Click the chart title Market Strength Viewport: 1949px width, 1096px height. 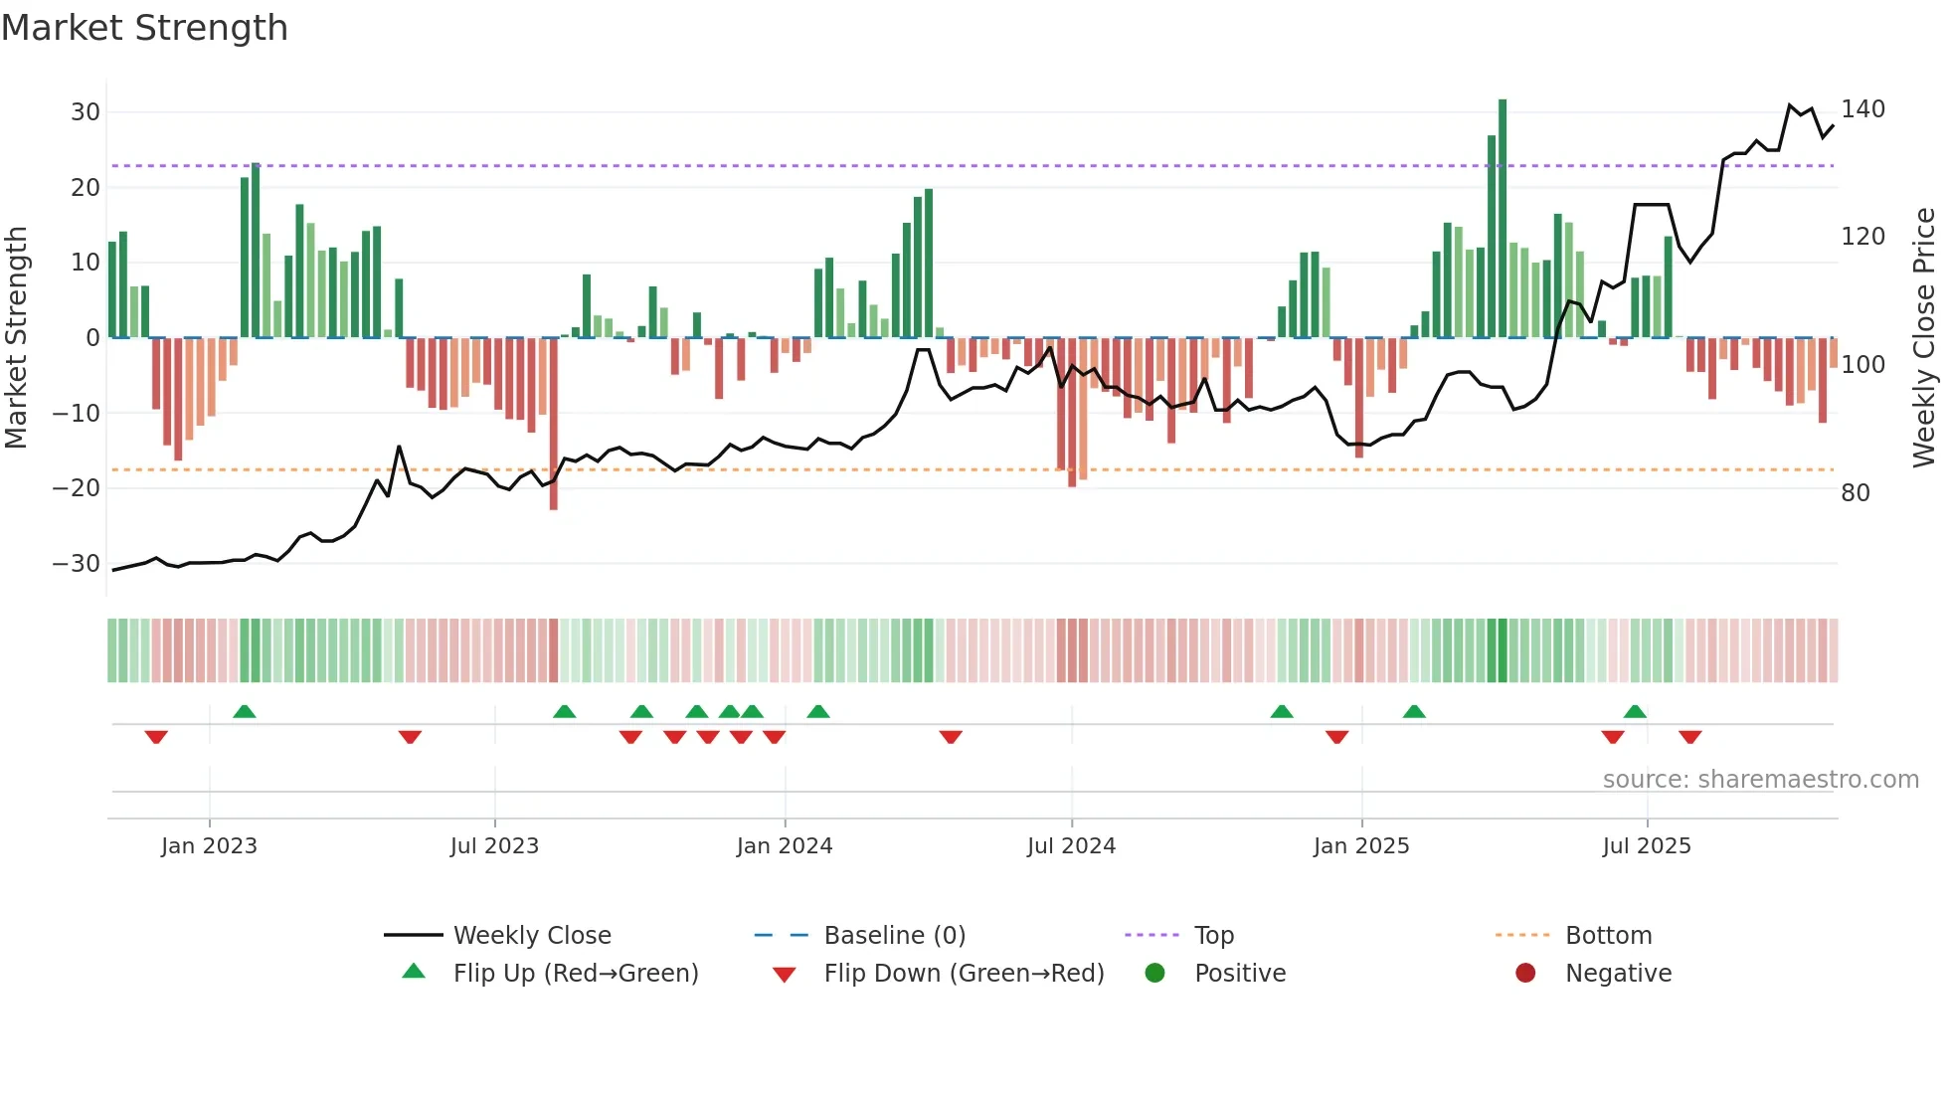pos(144,28)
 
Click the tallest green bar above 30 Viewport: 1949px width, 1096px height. pos(1503,219)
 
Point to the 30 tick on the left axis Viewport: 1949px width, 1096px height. pos(86,112)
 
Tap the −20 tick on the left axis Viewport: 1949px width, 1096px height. pos(77,488)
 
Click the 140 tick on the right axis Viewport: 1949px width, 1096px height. pos(1862,109)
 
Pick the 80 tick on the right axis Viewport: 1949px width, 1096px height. pos(1856,493)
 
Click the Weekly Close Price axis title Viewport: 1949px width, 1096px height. pos(1924,338)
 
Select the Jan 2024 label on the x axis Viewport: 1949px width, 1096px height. pos(785,846)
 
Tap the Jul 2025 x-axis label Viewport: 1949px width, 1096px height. pos(1647,846)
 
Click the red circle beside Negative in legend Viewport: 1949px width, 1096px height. pos(1525,974)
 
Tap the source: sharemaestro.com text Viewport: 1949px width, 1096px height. pos(1760,780)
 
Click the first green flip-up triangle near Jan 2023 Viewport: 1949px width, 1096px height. pos(245,711)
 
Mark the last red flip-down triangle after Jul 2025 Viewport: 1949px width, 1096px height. pos(1690,737)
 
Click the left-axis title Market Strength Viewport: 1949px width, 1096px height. pos(17,338)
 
